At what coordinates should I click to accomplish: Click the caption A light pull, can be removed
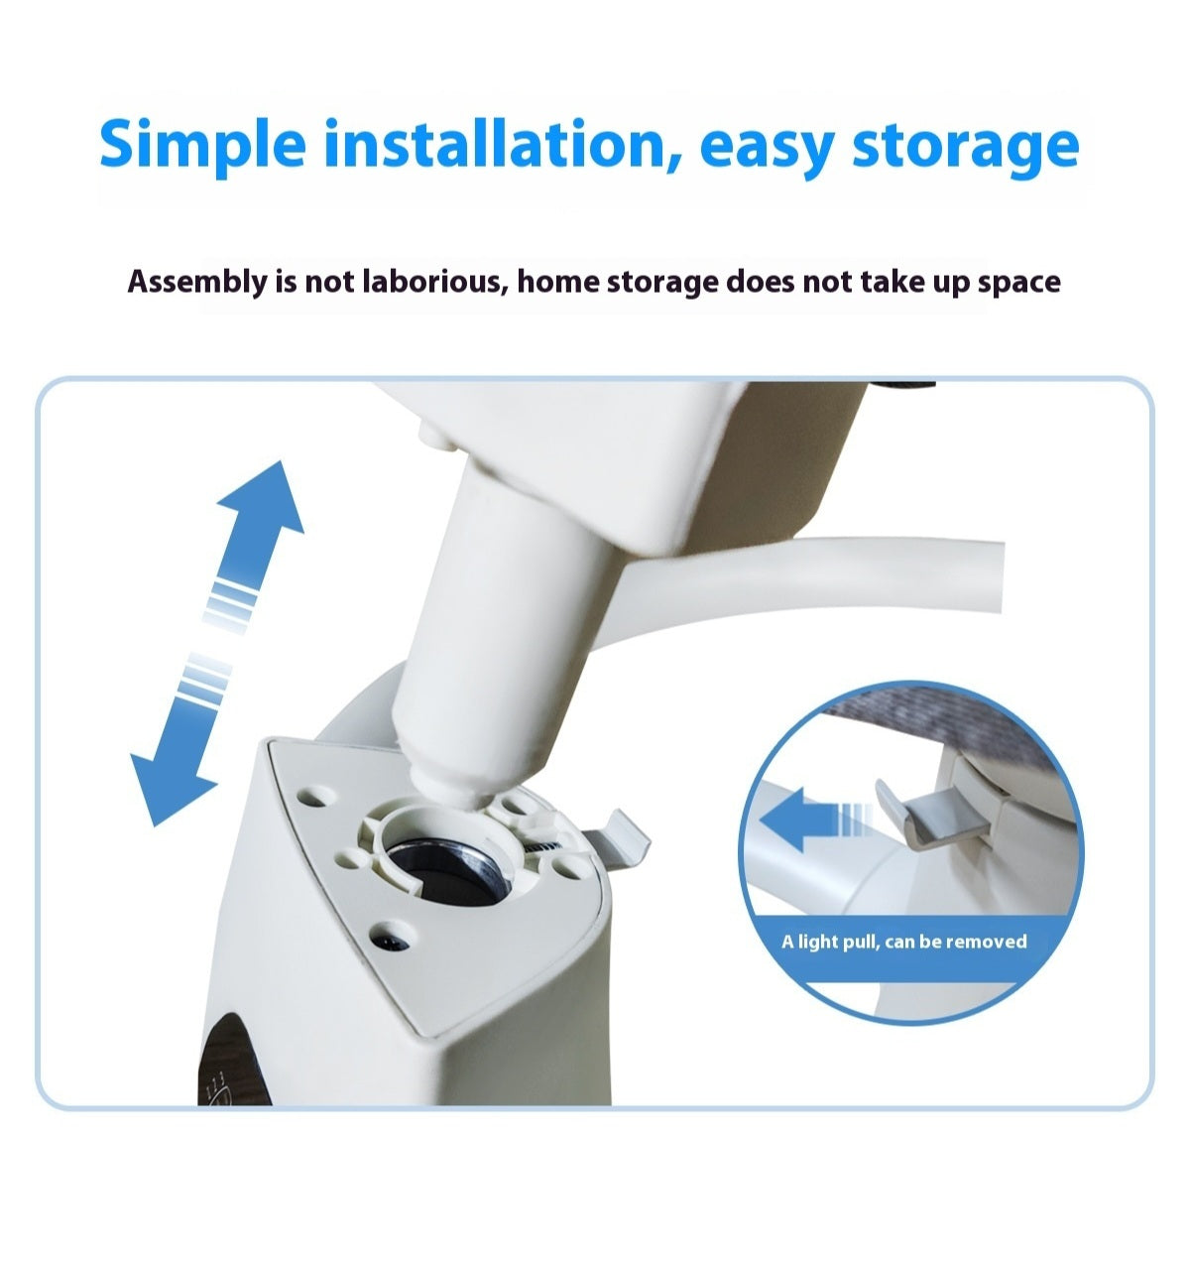(x=903, y=942)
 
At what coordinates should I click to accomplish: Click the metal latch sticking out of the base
(x=617, y=840)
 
